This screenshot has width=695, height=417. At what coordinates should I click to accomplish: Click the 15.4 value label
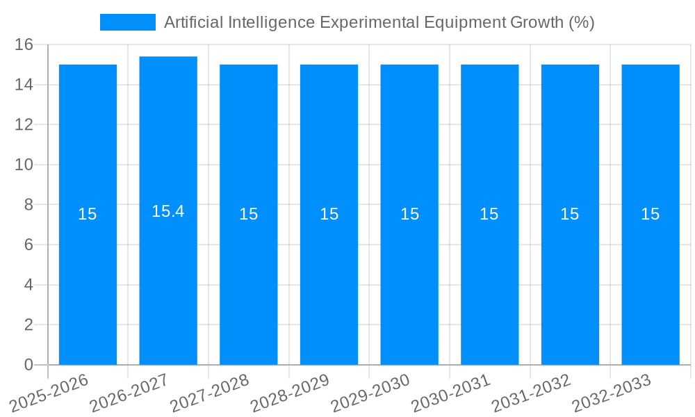[168, 211]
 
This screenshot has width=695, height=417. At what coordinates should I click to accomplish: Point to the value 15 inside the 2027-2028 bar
[248, 214]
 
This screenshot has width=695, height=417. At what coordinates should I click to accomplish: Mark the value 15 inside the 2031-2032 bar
[569, 214]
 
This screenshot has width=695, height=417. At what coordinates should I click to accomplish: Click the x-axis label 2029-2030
[370, 393]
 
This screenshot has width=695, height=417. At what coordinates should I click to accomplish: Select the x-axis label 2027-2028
[210, 393]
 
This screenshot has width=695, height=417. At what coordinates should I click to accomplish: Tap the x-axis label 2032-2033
[612, 393]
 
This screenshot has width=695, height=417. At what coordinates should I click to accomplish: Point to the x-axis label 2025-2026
[49, 393]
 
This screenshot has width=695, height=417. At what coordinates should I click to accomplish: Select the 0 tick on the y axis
[28, 365]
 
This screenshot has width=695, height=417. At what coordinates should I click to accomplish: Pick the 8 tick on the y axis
[28, 205]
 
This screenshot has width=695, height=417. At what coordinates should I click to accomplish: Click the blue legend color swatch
[128, 22]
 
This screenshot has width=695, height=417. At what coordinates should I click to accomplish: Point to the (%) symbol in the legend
[581, 22]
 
